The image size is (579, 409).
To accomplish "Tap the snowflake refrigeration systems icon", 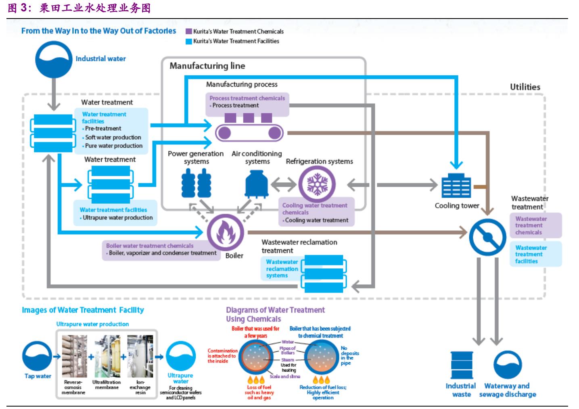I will (317, 184).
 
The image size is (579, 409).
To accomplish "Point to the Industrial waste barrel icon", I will (462, 365).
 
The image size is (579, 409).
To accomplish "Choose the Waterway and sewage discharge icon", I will (508, 365).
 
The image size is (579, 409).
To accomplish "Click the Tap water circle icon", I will (38, 356).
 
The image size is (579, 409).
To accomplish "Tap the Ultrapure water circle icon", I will (181, 356).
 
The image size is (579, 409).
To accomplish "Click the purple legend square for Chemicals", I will (188, 31).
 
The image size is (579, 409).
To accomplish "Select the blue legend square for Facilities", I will (188, 41).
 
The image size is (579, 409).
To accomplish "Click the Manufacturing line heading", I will (207, 66).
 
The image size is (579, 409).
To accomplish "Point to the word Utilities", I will (525, 87).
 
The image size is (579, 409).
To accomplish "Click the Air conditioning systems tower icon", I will (257, 184).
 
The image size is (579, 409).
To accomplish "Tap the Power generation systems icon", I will (196, 183).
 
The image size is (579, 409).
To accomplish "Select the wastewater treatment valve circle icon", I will (487, 237).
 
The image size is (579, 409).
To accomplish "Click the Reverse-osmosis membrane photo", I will (74, 356).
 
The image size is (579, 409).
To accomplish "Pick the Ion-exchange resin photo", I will (140, 356).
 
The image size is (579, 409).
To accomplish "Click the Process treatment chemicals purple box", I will (247, 102).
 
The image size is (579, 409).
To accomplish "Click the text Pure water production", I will (114, 146).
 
